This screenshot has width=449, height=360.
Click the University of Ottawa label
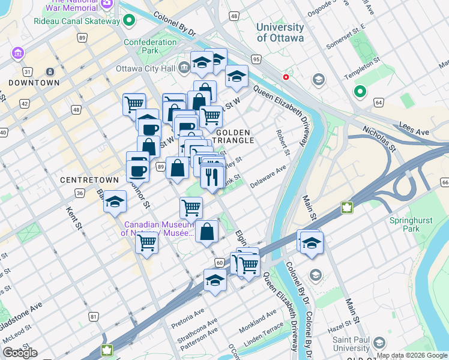(280, 32)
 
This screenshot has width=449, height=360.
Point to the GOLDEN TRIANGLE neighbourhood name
(235, 136)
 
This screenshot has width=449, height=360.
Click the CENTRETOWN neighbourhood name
(83, 179)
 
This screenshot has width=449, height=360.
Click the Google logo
(20, 353)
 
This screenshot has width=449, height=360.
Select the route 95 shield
(256, 59)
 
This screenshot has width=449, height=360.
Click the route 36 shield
(79, 193)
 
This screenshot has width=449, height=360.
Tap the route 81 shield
(93, 316)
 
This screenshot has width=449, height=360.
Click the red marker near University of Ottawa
(286, 77)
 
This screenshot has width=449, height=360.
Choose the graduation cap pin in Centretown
(115, 202)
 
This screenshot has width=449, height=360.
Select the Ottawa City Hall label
(149, 68)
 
